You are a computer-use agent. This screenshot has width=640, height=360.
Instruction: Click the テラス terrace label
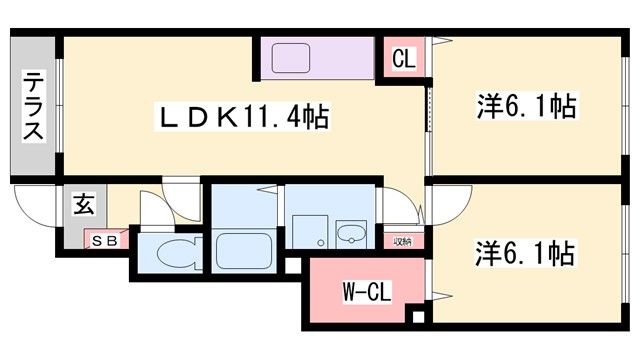pyautogui.click(x=34, y=104)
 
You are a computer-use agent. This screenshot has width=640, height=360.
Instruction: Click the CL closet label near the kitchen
pyautogui.click(x=404, y=59)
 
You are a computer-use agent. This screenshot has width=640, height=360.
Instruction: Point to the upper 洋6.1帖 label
pyautogui.click(x=527, y=105)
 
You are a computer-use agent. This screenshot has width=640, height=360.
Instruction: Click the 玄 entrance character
pyautogui.click(x=82, y=207)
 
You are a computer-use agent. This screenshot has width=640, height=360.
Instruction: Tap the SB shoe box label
pyautogui.click(x=105, y=240)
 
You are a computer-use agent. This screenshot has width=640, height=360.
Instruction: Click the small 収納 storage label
pyautogui.click(x=402, y=240)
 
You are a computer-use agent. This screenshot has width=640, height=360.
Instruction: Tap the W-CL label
pyautogui.click(x=364, y=293)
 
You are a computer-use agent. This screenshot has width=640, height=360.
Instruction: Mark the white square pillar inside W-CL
pyautogui.click(x=420, y=318)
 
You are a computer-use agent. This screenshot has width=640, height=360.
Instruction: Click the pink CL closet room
pyautogui.click(x=404, y=60)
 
